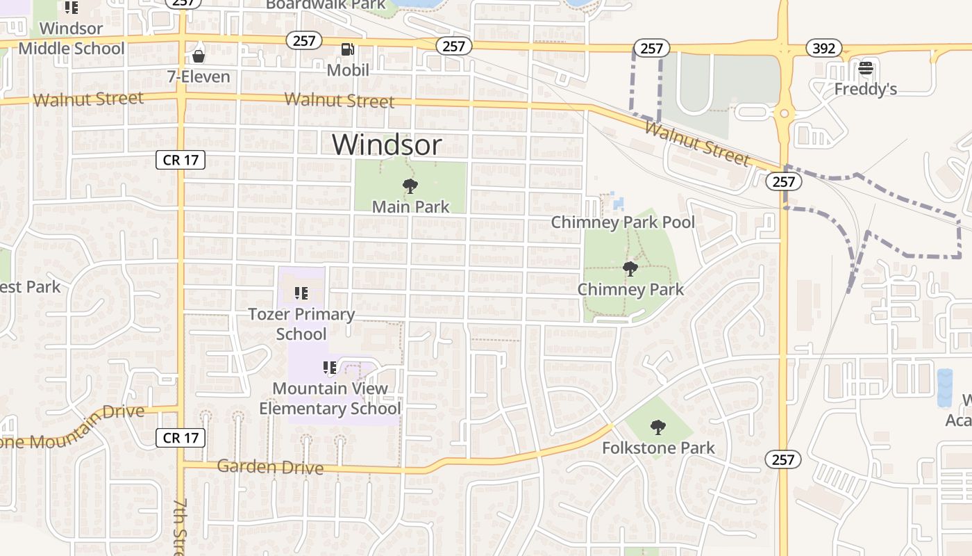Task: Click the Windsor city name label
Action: [387, 145]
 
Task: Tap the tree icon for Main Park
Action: [410, 186]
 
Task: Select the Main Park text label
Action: [410, 206]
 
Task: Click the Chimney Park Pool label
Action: [623, 222]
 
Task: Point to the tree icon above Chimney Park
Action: [630, 269]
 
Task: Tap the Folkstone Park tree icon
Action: [657, 427]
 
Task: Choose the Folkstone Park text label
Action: [657, 448]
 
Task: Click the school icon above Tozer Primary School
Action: [301, 293]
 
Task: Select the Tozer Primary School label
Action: [301, 324]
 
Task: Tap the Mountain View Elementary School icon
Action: [330, 368]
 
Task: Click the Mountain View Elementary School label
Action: [330, 398]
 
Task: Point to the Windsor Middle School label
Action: [71, 38]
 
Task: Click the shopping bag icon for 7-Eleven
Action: [199, 56]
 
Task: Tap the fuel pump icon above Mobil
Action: [347, 49]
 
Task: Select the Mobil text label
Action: [348, 70]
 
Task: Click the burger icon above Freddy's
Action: [865, 68]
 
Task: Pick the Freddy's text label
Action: [865, 89]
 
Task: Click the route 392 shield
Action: [824, 48]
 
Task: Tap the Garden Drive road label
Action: [270, 467]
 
